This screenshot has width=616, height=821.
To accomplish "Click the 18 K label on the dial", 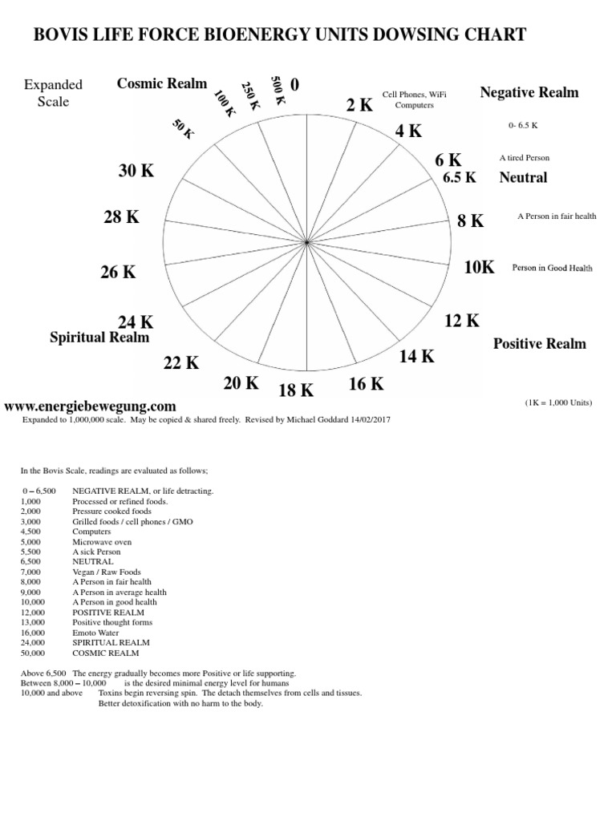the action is point(296,391).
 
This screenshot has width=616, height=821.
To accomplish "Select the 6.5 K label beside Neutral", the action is point(460,177).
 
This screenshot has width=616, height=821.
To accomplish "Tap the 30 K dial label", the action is point(136,171).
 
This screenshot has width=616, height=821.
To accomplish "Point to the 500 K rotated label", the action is point(277,91).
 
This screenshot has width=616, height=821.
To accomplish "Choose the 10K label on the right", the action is point(480,267).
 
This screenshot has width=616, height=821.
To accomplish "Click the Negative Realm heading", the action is point(529,92).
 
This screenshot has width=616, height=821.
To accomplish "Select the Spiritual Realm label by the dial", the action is point(99,338).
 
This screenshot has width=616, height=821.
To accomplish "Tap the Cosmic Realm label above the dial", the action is point(162,83).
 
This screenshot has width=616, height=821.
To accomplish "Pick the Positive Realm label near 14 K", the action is point(539,344).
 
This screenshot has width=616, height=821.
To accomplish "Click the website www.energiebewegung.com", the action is point(91,406).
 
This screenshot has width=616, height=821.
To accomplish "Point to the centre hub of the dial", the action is point(308,241).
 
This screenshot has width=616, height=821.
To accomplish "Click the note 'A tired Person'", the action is point(525,158).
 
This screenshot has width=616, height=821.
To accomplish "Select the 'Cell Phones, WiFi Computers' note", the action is point(414,99).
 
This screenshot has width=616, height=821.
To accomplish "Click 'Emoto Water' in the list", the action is point(95,632).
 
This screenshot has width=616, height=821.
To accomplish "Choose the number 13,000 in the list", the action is point(33,622).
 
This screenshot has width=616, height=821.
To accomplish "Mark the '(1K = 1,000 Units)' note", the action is point(558,402).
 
